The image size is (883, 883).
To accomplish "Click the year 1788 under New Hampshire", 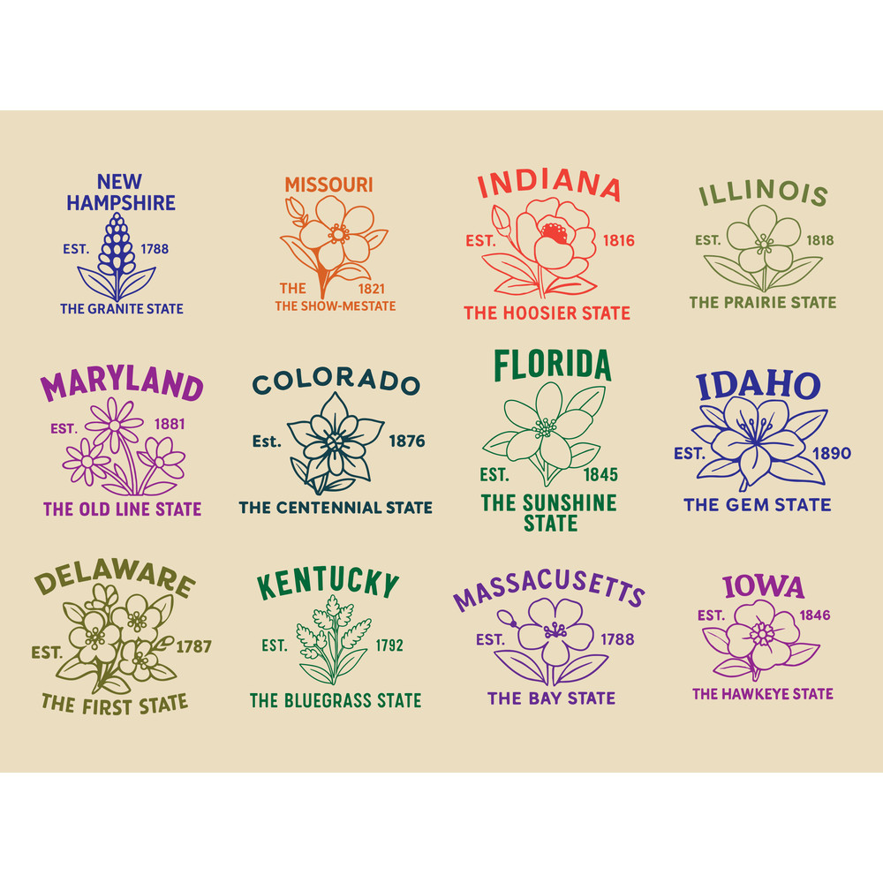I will pos(155,249).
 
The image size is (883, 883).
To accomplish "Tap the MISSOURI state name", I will pos(328,185).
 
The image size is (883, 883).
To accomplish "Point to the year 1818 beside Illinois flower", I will pos(819,240).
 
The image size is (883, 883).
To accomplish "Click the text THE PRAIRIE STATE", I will pos(762,302).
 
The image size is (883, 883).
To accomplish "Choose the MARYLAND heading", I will pos(122,387).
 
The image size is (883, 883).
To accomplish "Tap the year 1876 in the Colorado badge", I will pos(406,441).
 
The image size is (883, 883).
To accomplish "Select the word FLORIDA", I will pos(552,365).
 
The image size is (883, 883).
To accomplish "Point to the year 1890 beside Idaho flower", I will pos(832,453).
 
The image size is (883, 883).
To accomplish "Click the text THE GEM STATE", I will pos(757,505).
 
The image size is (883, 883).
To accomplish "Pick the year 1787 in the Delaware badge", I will pos(193,646).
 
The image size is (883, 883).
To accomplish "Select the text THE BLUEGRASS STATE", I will pos(335,700).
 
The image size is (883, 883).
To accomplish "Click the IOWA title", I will pos(763,586).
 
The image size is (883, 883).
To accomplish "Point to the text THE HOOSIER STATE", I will pos(547,313).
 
